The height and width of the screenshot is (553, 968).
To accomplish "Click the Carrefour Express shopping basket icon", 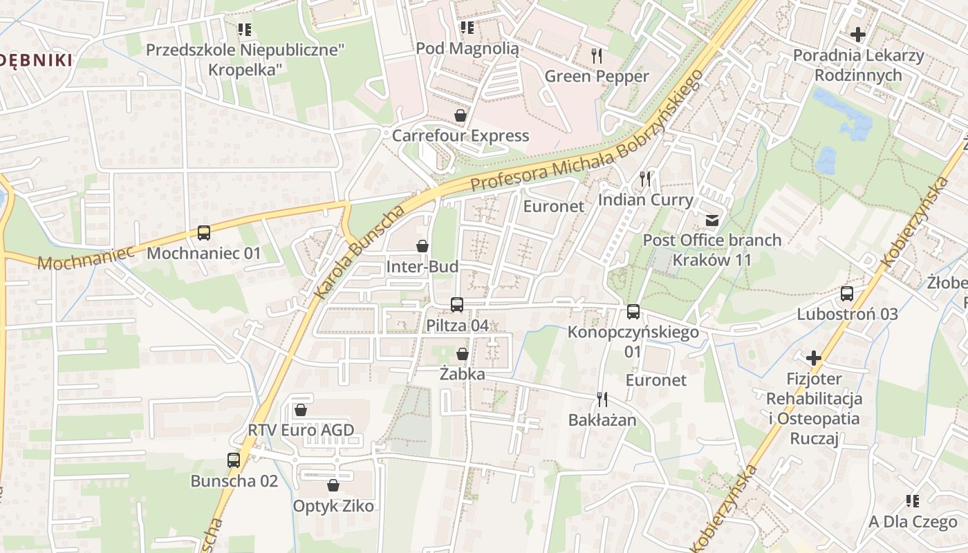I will tap(460, 115).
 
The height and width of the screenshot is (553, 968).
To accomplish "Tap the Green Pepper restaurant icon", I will tap(597, 55).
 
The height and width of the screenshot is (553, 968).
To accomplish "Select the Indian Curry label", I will tap(645, 200).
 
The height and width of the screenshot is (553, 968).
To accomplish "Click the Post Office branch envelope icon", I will tap(711, 220).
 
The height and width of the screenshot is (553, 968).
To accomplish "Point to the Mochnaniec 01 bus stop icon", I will tap(203, 233).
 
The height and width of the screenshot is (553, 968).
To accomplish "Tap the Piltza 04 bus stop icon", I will tap(457, 304).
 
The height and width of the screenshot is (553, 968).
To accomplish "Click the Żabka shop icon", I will tap(463, 354).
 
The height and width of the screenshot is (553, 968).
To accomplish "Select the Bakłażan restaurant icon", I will tap(602, 399).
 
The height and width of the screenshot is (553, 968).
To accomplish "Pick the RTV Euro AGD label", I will tap(301, 431).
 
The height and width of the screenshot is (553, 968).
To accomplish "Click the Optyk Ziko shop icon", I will tap(333, 485).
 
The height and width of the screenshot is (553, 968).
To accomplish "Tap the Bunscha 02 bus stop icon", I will tap(234, 460).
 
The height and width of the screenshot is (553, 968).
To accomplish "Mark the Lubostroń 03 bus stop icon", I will tap(847, 293).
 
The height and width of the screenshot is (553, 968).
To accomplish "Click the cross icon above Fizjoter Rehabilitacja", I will tap(814, 358).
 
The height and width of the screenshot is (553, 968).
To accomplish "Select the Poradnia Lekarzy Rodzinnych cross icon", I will tap(858, 34).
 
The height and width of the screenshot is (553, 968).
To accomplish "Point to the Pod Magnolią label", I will tap(467, 48).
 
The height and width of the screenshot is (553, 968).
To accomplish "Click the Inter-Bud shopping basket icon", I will tap(422, 246).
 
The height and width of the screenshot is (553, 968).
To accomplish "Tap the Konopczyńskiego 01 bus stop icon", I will tap(633, 312).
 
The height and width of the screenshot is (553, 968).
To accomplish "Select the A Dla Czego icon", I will tap(913, 501).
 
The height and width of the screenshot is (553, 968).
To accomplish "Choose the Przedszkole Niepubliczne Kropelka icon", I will tap(244, 30).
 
